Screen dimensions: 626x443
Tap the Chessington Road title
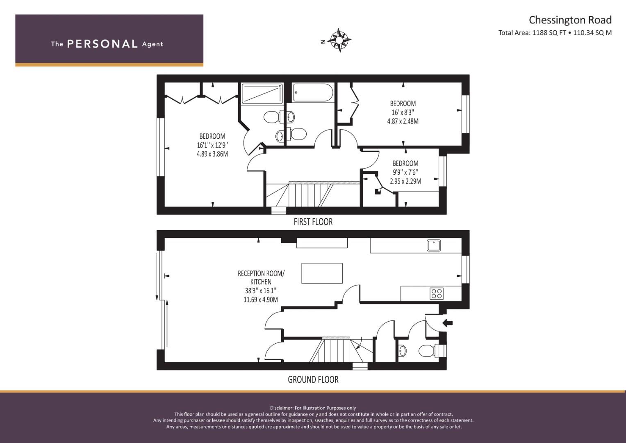pos(570,20)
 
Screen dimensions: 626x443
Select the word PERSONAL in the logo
pos(102,44)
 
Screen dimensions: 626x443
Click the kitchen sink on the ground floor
pos(434,245)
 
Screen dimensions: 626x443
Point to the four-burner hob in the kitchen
pos(437,294)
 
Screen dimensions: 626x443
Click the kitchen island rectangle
pos(322,273)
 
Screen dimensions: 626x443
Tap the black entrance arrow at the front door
pos(448,323)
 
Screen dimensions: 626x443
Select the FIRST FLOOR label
pos(313,222)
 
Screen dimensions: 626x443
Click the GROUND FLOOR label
pos(313,379)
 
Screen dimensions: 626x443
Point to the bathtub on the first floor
pos(313,93)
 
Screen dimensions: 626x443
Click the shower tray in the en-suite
pos(262,94)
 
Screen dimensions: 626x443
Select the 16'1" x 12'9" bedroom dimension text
pos(213,145)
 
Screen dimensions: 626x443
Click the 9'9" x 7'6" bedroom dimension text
pos(405,172)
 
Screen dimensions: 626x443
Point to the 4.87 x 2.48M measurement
pos(403,121)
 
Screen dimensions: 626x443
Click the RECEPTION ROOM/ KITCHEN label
pos(261,277)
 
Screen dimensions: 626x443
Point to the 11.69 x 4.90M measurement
pos(261,300)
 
